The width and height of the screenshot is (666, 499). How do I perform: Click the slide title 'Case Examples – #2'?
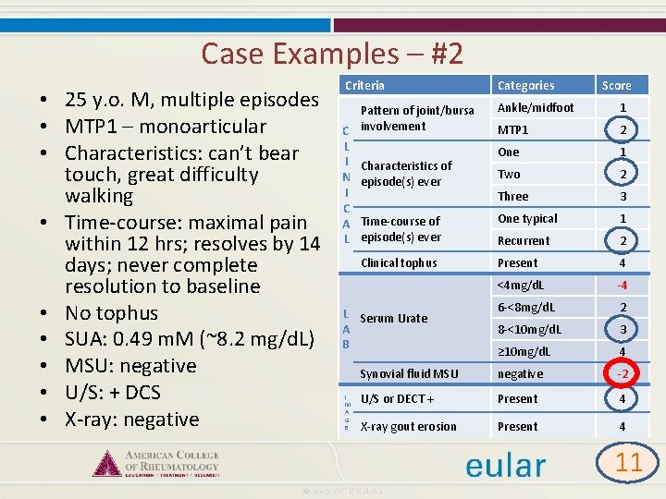pyautogui.click(x=332, y=53)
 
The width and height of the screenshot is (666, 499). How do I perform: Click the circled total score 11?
pyautogui.click(x=628, y=461)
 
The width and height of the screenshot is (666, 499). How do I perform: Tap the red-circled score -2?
pyautogui.click(x=623, y=373)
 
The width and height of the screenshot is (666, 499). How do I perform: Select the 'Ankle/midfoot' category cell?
pyautogui.click(x=536, y=107)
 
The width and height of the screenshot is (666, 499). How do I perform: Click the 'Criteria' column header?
pyautogui.click(x=364, y=85)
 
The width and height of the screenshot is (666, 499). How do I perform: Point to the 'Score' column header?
pyautogui.click(x=616, y=85)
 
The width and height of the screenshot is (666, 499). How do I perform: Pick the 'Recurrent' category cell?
pyautogui.click(x=524, y=240)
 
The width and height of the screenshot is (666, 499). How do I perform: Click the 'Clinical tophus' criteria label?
pyautogui.click(x=399, y=262)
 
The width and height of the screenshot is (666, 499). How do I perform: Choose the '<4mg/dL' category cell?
pyautogui.click(x=521, y=285)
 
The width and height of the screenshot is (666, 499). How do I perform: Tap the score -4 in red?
pyautogui.click(x=623, y=285)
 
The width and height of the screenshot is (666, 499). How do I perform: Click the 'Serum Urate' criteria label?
pyautogui.click(x=394, y=318)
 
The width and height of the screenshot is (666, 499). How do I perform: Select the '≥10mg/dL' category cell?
pyautogui.click(x=524, y=351)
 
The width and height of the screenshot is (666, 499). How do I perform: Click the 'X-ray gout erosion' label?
pyautogui.click(x=408, y=426)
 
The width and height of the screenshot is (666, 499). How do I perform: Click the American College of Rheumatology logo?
pyautogui.click(x=157, y=462)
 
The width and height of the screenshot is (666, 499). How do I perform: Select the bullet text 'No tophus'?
pyautogui.click(x=111, y=313)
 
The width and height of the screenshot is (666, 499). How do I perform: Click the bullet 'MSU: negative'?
pyautogui.click(x=130, y=366)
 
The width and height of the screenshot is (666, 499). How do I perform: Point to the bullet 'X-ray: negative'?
pyautogui.click(x=131, y=419)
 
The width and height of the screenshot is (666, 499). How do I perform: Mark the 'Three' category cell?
pyautogui.click(x=513, y=196)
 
